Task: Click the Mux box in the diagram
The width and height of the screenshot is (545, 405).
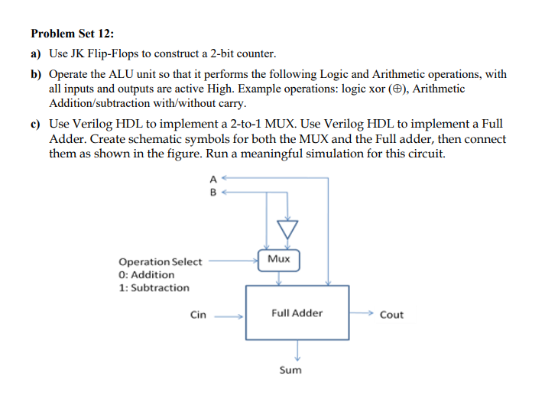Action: pos(280,259)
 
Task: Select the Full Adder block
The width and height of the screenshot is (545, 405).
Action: pos(297,313)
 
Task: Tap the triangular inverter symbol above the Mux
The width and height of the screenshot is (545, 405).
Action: pos(287,228)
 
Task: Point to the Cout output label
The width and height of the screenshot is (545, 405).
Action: pos(391,314)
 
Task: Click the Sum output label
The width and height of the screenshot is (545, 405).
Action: pos(290,370)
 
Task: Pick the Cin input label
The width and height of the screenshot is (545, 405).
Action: pos(198,314)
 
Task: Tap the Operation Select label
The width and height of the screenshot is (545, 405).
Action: pos(161,261)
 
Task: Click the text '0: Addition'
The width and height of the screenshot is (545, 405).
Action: pos(147,274)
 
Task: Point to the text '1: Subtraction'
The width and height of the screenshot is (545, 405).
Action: pos(154,287)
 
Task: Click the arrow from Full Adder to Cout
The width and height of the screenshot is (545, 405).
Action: pos(361,313)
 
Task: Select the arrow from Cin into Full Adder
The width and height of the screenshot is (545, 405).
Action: pos(229,314)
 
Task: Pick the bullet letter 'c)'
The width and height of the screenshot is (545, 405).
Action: pos(37,124)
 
